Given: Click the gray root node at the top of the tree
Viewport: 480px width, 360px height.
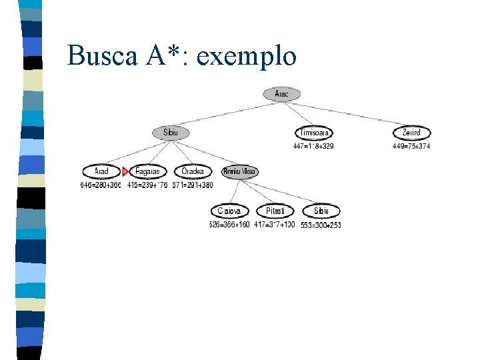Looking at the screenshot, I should [282, 94].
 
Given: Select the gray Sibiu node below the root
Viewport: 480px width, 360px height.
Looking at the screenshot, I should [171, 133].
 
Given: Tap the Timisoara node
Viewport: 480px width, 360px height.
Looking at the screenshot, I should [313, 133].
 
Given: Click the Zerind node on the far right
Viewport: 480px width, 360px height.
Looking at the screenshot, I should [411, 133].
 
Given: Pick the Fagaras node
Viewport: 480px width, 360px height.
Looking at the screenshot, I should [147, 171].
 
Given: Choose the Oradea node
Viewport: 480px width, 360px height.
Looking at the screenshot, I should [193, 171].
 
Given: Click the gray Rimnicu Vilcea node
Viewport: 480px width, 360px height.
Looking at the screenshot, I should [240, 171].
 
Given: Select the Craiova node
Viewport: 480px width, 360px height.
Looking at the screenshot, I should [229, 211].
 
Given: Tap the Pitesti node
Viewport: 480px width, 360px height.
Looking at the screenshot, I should [275, 211].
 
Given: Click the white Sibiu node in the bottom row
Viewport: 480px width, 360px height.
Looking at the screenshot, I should [321, 211].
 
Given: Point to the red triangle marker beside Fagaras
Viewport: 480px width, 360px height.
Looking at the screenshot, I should [125, 171].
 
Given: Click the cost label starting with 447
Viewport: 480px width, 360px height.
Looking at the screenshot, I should [313, 146].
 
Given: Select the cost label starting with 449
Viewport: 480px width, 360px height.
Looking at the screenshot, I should [411, 146].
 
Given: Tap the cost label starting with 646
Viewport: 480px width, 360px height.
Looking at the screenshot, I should [101, 185].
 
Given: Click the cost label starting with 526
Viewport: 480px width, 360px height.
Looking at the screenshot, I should [229, 225].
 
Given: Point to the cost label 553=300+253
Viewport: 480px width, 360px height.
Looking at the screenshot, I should [321, 225].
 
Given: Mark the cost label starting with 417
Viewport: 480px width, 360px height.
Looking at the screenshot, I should [275, 225].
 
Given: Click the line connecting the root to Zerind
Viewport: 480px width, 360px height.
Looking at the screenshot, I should [353, 113].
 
